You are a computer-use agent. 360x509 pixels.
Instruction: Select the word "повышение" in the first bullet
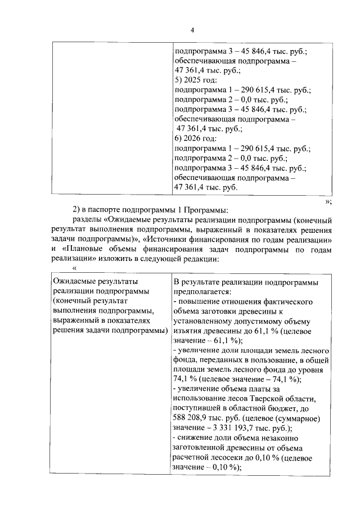coord(197,301)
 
